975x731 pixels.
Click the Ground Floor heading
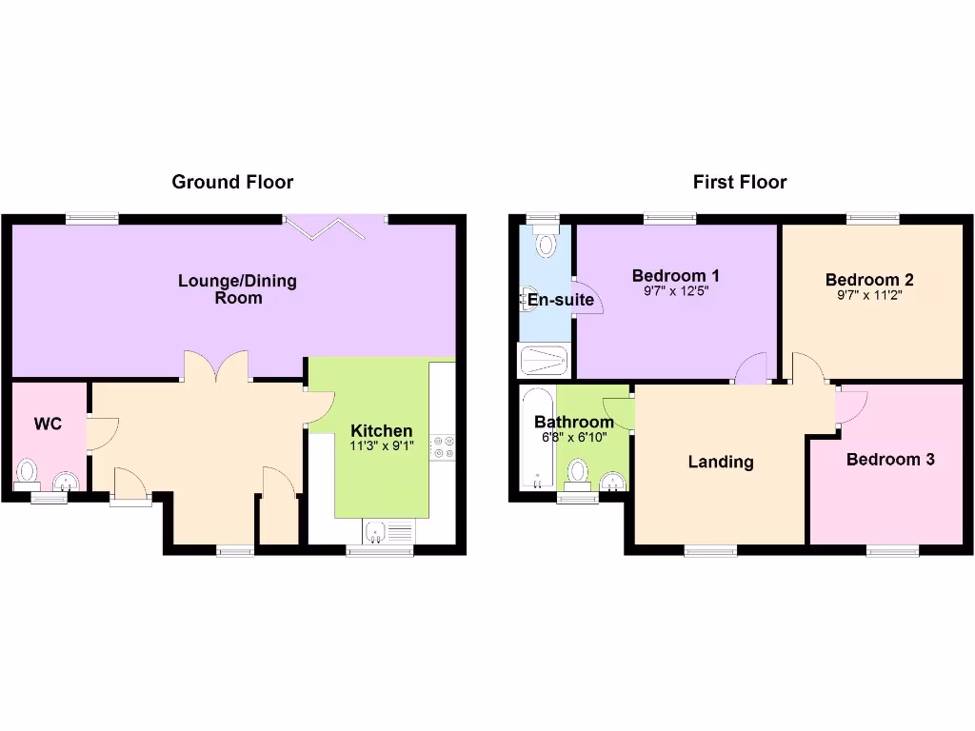tap(232, 182)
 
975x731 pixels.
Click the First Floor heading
tap(740, 182)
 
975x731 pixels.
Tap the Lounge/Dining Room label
tap(237, 289)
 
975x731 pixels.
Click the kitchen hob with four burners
tap(443, 447)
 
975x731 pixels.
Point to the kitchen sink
tap(376, 532)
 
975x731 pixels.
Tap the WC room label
tap(49, 424)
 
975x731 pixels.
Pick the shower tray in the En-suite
tap(545, 361)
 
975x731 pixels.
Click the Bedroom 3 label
tap(890, 460)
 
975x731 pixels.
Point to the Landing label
tap(721, 463)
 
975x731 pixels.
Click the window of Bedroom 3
tap(892, 550)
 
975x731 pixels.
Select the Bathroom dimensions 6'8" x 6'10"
tap(573, 437)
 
